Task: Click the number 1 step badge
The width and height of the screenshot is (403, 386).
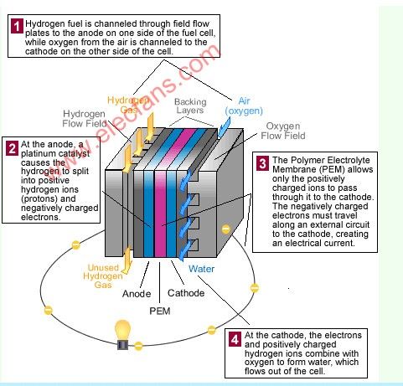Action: pyautogui.click(x=17, y=26)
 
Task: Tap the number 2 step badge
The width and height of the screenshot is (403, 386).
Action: pyautogui.click(x=13, y=148)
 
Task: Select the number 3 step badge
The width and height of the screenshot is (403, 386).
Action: pyautogui.click(x=262, y=163)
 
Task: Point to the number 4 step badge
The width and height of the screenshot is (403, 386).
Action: pyautogui.click(x=235, y=339)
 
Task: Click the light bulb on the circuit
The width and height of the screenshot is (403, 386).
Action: pyautogui.click(x=123, y=334)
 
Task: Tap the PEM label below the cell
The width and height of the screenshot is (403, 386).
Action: pyautogui.click(x=160, y=311)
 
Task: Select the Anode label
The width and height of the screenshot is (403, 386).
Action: pyautogui.click(x=137, y=294)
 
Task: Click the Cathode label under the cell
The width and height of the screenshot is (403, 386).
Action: pyautogui.click(x=186, y=293)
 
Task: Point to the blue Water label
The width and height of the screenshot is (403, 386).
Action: pyautogui.click(x=201, y=269)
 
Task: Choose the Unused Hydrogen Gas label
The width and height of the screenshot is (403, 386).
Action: pyautogui.click(x=103, y=276)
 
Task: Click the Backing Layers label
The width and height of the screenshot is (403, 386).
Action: pyautogui.click(x=190, y=106)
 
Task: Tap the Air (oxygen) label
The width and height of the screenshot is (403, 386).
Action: pyautogui.click(x=244, y=106)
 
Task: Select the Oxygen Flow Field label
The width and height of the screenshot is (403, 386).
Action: pyautogui.click(x=283, y=131)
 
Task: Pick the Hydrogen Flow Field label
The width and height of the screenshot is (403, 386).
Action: pyautogui.click(x=84, y=118)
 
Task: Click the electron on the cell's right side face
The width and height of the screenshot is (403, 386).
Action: pyautogui.click(x=225, y=229)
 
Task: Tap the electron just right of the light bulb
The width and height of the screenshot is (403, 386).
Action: pyautogui.click(x=138, y=346)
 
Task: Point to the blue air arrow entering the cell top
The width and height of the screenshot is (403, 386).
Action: pyautogui.click(x=224, y=128)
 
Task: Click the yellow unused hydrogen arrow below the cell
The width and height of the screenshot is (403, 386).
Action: pyautogui.click(x=127, y=260)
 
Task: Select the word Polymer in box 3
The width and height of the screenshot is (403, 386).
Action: pyautogui.click(x=308, y=160)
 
